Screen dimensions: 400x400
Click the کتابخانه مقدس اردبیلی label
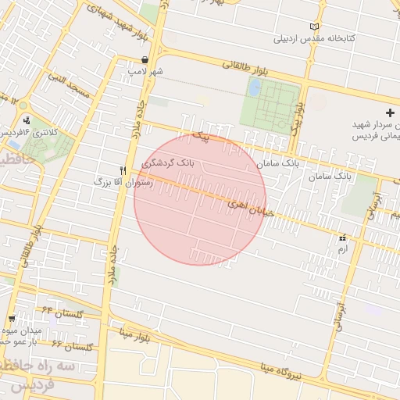pos(316,37)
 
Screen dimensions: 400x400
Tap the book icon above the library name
pos(315,26)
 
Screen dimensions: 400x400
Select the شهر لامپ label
pos(146,71)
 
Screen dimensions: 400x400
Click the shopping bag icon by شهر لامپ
pos(146,59)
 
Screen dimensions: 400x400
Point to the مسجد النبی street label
pos(69,85)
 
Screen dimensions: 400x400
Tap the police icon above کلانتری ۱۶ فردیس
pos(28,120)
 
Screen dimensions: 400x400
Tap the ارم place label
pos(341,248)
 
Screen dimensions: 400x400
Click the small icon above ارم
pos(341,237)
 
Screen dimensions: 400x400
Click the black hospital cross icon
pos(390,113)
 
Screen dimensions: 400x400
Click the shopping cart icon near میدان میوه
pos(12,318)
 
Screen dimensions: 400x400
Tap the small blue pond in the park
pos(254,87)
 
